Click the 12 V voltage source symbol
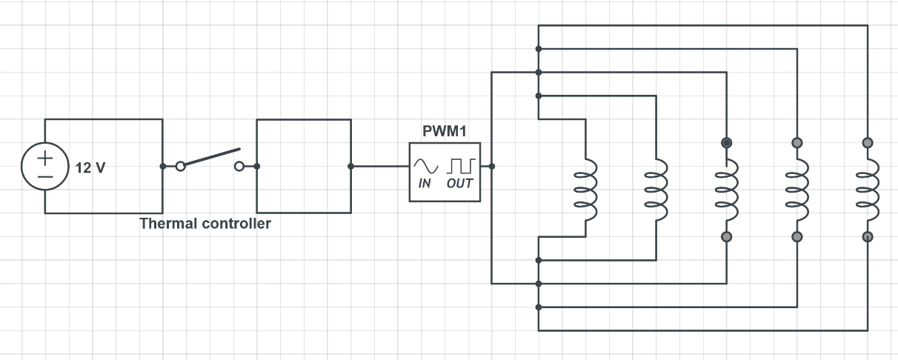point(45,166)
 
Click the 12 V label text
point(90,168)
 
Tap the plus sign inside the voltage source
point(45,157)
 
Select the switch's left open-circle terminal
point(180,166)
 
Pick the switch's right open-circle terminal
point(239,166)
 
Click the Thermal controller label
point(205,224)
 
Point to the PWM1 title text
point(445,133)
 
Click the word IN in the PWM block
point(425,184)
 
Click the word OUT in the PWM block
point(459,184)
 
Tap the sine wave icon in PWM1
point(426,164)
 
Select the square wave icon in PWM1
point(460,164)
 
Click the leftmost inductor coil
point(585,190)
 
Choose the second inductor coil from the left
point(656,190)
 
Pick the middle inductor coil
point(726,190)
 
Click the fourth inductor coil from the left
point(797,190)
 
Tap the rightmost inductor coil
point(868,190)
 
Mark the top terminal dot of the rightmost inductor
point(868,142)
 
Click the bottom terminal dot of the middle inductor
point(726,237)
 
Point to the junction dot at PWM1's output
point(492,166)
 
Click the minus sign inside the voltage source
point(45,176)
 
